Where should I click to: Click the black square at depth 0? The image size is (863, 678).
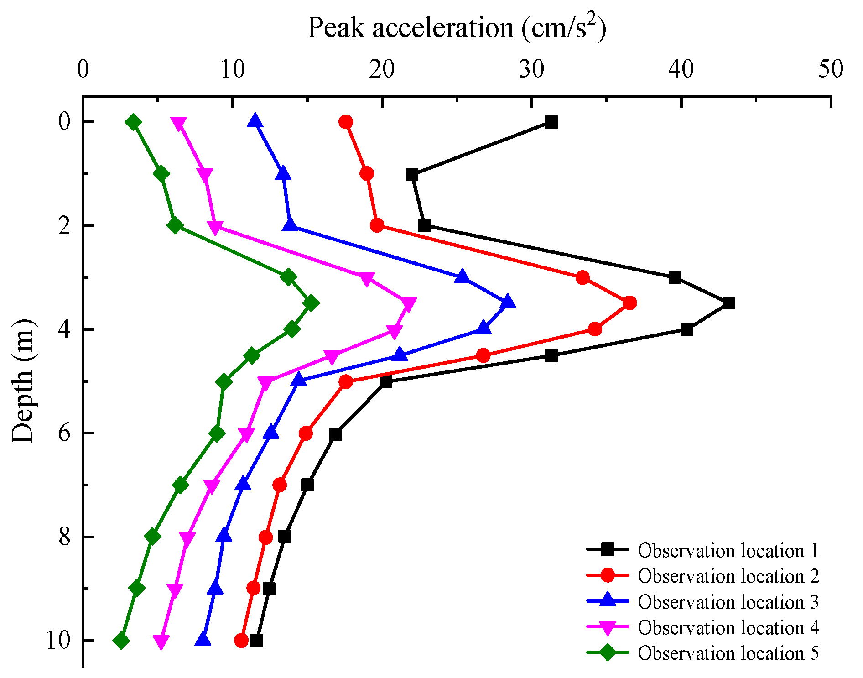point(551,122)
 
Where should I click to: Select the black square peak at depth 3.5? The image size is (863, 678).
point(728,303)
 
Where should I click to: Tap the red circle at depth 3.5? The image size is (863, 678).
point(629,303)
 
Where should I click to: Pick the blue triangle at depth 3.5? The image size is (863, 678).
point(508,303)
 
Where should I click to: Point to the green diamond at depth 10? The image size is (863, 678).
point(121,641)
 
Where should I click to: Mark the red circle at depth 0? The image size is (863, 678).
point(346,122)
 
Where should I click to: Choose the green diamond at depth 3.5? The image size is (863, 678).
point(311,303)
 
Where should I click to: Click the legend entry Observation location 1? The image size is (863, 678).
point(728,551)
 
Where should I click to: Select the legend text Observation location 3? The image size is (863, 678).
point(728,602)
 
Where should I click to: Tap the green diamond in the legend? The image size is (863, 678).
point(608,653)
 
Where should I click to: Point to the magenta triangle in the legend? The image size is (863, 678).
point(608,628)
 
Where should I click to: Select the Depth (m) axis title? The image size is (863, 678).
point(23,381)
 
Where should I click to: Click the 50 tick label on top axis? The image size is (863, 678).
point(830,70)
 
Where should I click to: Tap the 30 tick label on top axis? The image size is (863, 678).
point(531,70)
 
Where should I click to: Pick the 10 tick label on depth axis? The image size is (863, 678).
point(58,641)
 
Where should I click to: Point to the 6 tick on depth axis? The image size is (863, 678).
point(64,433)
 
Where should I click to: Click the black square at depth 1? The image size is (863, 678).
point(412,174)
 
